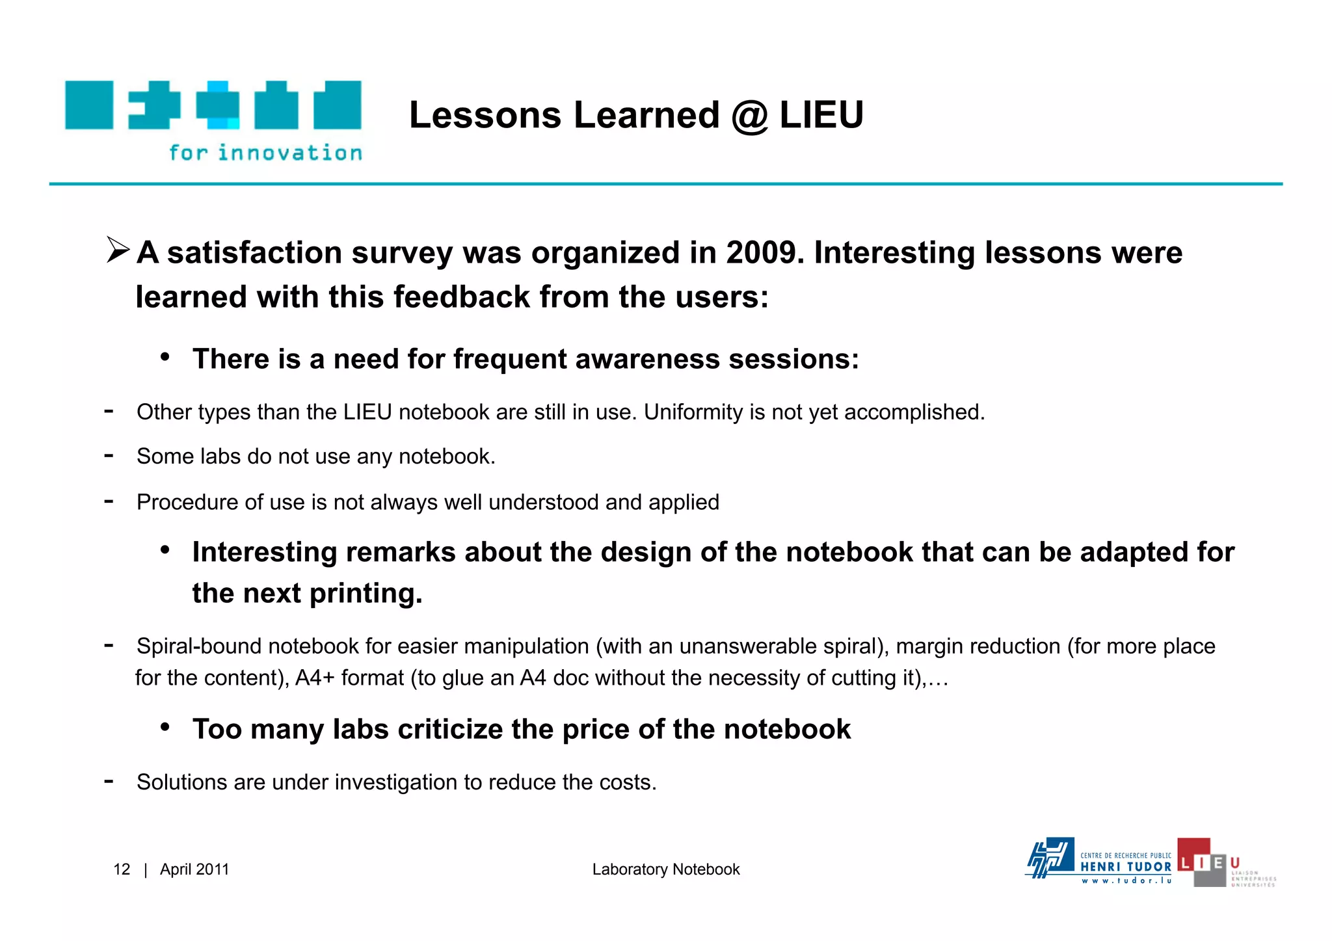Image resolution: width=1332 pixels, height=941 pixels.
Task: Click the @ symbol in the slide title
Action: (750, 116)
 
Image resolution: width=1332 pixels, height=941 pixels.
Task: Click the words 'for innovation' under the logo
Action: (265, 153)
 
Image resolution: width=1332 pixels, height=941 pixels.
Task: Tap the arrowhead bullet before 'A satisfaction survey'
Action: (118, 250)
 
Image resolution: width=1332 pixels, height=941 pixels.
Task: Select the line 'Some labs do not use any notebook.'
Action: (315, 457)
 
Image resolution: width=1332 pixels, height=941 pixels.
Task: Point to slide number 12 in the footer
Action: (122, 869)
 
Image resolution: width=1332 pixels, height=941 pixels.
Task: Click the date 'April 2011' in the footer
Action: (194, 869)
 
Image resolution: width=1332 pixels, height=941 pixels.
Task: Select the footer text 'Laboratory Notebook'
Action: (665, 869)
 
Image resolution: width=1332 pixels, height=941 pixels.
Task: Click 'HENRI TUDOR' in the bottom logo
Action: (1125, 867)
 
